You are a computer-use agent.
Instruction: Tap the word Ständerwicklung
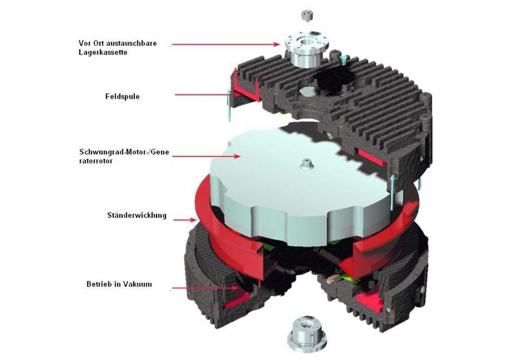click(136, 215)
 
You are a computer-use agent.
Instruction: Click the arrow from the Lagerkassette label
click(226, 44)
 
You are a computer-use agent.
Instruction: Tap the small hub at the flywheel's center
click(307, 164)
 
